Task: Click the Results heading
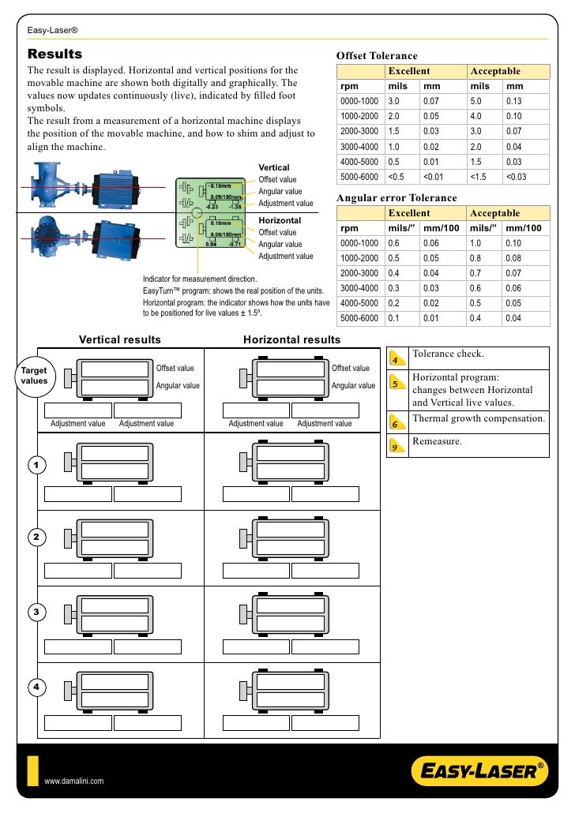(55, 54)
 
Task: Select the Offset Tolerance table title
(377, 56)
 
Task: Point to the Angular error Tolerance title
(396, 197)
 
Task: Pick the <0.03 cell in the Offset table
(517, 176)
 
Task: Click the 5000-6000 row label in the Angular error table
(359, 318)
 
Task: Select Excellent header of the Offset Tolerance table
(408, 71)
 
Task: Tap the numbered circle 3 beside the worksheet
(36, 613)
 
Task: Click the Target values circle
(33, 375)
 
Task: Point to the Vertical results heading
(119, 340)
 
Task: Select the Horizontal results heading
(291, 340)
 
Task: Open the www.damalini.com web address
(74, 781)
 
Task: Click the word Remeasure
(437, 441)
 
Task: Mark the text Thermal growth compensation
(479, 418)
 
